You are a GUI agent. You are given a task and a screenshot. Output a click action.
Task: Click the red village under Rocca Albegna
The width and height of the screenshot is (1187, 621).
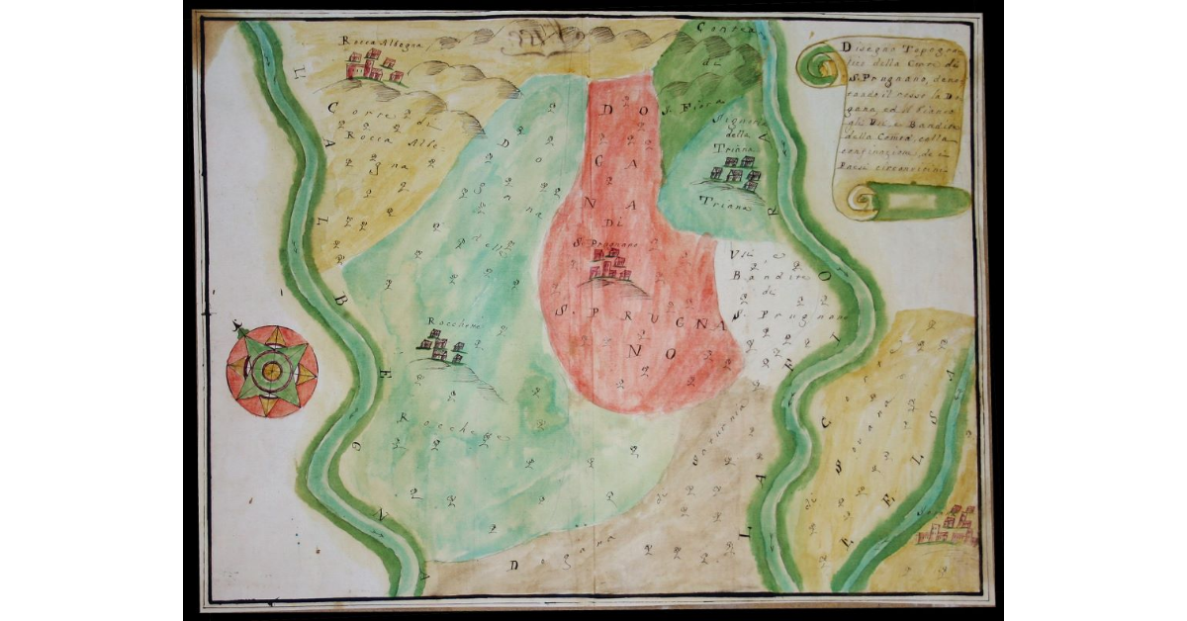click(x=375, y=67)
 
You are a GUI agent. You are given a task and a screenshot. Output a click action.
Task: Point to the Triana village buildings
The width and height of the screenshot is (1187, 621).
click(x=734, y=177)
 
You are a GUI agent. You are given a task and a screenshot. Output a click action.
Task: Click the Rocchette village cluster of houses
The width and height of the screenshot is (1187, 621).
click(x=440, y=347)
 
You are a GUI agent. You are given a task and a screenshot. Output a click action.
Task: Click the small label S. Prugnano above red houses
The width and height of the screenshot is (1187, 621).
click(x=612, y=240)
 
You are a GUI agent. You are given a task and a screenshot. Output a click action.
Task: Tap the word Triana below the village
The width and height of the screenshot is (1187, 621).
click(x=733, y=199)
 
